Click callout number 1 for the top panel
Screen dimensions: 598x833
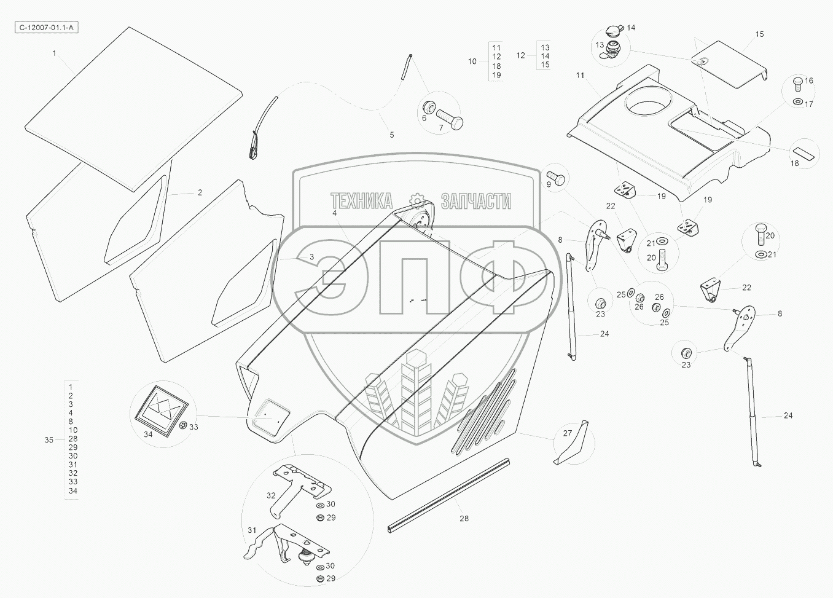click(x=54, y=53)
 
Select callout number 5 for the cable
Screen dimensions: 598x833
click(x=392, y=135)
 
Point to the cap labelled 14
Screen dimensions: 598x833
click(x=614, y=30)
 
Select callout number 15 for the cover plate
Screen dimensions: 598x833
click(x=759, y=34)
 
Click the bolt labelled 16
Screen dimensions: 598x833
click(x=798, y=82)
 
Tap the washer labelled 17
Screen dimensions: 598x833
click(x=797, y=101)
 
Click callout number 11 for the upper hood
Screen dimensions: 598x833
click(x=580, y=75)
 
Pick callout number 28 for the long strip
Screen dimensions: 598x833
click(x=464, y=519)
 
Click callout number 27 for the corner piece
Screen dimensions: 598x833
click(x=568, y=433)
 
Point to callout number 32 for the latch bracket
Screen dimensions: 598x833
click(x=271, y=495)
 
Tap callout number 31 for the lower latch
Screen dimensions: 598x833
click(x=252, y=530)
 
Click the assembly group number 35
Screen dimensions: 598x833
click(x=49, y=439)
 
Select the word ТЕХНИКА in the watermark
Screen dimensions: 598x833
click(x=362, y=201)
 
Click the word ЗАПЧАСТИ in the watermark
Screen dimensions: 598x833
click(x=476, y=201)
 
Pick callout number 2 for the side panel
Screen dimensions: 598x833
click(x=200, y=192)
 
